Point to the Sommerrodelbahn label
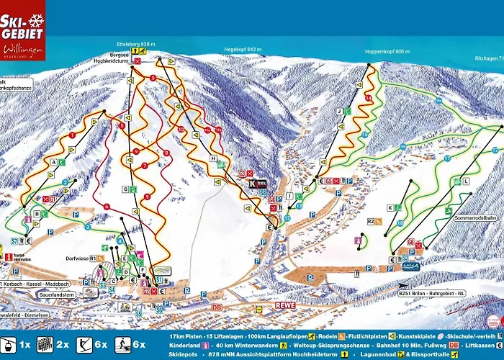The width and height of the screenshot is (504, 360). [476, 217]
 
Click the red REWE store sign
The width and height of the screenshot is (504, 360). [285, 305]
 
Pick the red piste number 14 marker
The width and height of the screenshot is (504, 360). [369, 97]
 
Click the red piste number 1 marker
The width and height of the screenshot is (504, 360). [73, 135]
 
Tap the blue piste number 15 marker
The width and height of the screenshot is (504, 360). [365, 135]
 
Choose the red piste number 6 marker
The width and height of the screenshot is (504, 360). [107, 207]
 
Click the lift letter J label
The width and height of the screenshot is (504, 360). [338, 112]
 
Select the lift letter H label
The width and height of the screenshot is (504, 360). [212, 158]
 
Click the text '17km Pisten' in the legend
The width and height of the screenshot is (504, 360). [184, 336]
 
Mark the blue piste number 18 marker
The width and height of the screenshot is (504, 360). [400, 223]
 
